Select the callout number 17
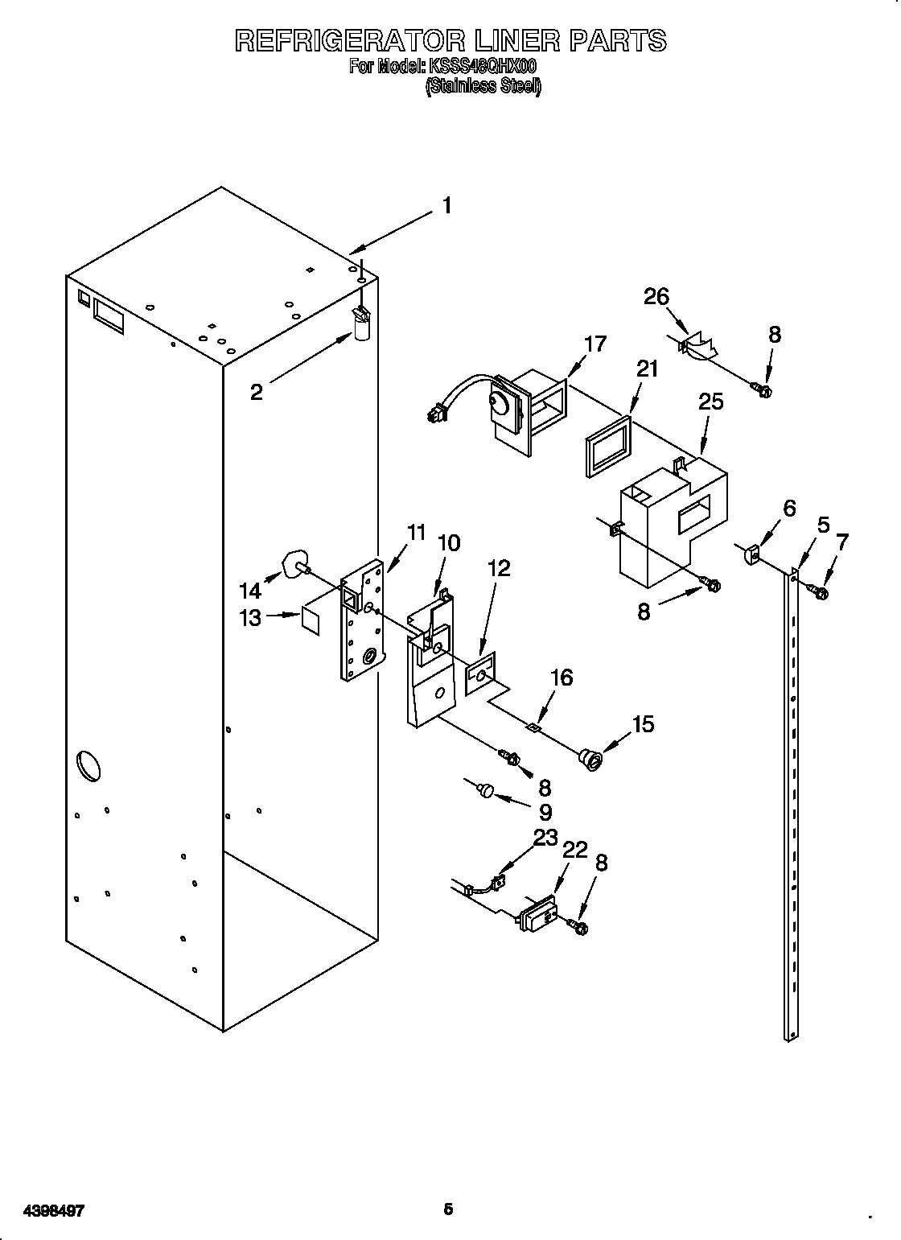594,344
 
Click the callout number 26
656,297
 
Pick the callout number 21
647,369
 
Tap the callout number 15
643,724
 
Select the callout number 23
545,838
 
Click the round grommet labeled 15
591,758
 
